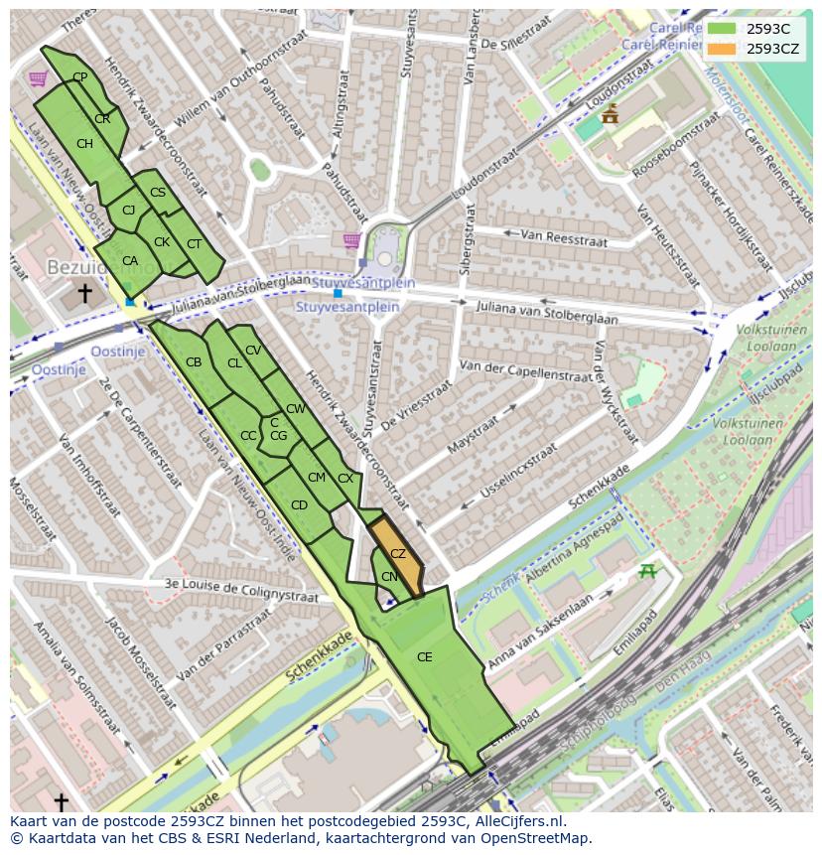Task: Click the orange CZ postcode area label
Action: [397, 554]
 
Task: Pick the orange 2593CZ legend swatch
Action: [722, 49]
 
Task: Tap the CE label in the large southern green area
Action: [424, 657]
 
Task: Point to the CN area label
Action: [389, 577]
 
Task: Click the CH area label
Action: [84, 144]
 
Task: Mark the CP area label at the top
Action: [80, 77]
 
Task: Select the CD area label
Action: [299, 505]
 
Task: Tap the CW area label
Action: [295, 409]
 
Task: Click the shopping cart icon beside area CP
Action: [38, 78]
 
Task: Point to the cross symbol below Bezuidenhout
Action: [84, 293]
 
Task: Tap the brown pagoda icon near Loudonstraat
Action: [609, 114]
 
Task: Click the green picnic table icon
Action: [648, 570]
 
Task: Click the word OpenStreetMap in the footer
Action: [537, 838]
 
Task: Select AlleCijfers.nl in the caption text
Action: [516, 821]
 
